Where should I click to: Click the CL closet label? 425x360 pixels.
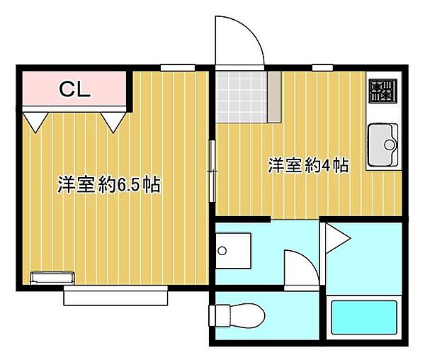coord(74,89)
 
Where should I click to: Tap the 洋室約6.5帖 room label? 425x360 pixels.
coord(109,185)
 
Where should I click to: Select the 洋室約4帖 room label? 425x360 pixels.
coord(308,165)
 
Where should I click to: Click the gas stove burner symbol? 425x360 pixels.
coord(382,91)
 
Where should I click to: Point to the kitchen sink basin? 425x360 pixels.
coord(383,145)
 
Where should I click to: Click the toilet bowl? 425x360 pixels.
coord(247,315)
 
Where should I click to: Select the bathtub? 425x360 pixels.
coord(364,317)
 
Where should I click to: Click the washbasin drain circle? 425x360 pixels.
coord(222,251)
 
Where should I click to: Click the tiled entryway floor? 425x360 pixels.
coord(242,97)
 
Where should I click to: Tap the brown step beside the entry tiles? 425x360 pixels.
coord(274,97)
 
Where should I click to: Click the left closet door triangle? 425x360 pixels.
coord(35,123)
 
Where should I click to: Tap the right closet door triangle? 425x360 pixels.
coord(113,123)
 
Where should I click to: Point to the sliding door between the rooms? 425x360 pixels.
coord(212,171)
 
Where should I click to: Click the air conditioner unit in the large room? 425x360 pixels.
coord(52,279)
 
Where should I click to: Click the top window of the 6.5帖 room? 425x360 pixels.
coord(178,67)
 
